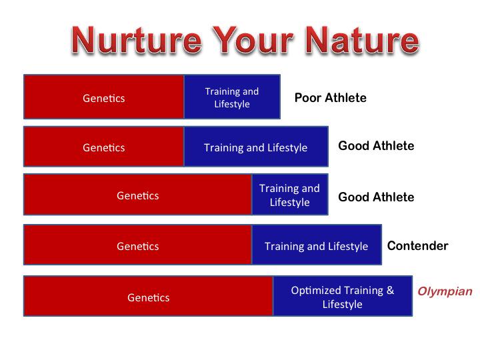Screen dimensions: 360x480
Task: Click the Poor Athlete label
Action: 330,98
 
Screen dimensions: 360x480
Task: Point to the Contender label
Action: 417,246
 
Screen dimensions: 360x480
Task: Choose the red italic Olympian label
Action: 445,291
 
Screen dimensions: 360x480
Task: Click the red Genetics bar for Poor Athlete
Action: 103,97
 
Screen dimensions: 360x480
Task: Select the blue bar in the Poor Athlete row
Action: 231,97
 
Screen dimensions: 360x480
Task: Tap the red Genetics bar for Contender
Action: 137,246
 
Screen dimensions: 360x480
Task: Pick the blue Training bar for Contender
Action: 316,246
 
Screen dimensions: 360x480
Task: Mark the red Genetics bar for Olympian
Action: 148,297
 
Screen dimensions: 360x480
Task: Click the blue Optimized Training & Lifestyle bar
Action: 342,297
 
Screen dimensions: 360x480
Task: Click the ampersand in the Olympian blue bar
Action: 390,291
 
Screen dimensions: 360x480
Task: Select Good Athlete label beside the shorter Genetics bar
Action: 376,146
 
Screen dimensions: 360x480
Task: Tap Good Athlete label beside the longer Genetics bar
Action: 376,197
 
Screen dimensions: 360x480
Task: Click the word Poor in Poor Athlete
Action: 308,98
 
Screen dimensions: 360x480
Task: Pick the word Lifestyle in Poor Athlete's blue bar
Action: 231,104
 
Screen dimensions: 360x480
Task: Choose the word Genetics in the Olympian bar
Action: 148,297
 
